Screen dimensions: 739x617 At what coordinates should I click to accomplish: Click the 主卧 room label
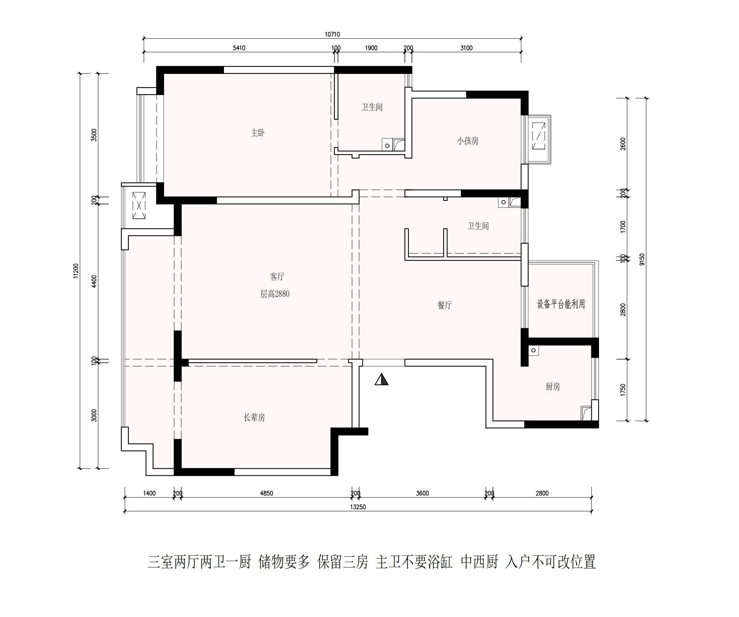tap(258, 133)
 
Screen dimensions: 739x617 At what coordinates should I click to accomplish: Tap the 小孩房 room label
tap(468, 141)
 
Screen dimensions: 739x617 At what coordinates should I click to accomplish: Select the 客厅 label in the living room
tap(277, 276)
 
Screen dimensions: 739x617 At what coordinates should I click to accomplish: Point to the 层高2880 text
tap(275, 294)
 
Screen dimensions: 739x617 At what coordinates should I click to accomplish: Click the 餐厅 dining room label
tap(445, 305)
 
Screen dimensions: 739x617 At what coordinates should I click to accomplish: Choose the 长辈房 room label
tap(254, 417)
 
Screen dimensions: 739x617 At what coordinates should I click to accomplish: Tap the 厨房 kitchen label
tap(553, 386)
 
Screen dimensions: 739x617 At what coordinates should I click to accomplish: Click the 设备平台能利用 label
tap(561, 304)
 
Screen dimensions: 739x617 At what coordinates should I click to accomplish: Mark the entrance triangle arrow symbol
tap(381, 379)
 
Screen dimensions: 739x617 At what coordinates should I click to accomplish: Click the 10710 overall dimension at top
tap(332, 34)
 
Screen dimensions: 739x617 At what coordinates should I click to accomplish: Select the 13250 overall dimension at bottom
tap(358, 507)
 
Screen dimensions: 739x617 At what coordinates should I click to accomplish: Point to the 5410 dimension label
tap(239, 48)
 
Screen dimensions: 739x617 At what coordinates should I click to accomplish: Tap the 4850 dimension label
tap(266, 493)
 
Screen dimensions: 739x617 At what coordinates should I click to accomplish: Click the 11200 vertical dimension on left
tap(76, 271)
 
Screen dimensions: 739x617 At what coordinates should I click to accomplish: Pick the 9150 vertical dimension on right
tap(642, 259)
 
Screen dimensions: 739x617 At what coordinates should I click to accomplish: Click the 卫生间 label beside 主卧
tap(372, 107)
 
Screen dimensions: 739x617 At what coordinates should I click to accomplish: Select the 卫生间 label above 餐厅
tap(478, 226)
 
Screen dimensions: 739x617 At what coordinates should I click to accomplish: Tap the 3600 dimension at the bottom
tap(422, 493)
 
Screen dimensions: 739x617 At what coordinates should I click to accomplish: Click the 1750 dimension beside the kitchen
tap(623, 390)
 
